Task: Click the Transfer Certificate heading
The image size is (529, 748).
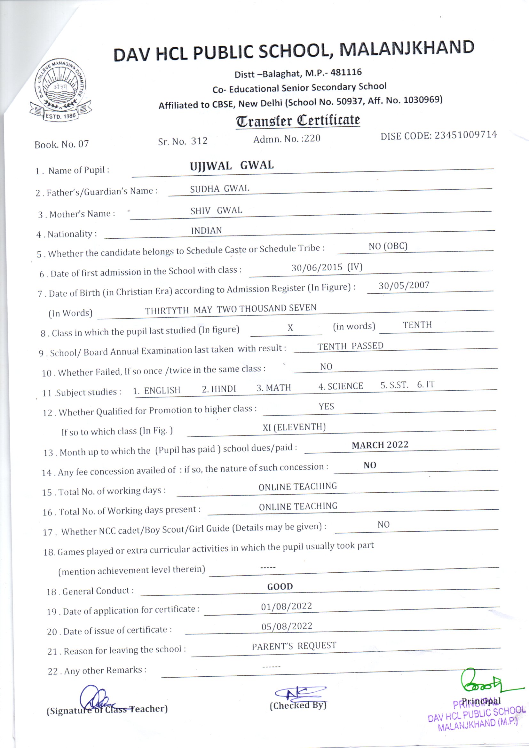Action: click(298, 121)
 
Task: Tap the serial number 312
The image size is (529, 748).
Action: click(199, 141)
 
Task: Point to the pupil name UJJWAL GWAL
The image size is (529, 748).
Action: click(232, 165)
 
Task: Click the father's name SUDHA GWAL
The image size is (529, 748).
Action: click(219, 189)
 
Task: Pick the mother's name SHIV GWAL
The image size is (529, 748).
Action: click(216, 211)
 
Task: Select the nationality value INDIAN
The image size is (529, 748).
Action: click(206, 231)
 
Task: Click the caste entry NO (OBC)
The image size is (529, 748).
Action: click(388, 246)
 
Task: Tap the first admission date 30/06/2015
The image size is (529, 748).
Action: click(317, 268)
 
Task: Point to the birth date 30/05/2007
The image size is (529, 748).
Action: click(404, 285)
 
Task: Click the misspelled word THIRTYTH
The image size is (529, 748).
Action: click(167, 310)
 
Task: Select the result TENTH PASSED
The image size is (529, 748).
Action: click(350, 346)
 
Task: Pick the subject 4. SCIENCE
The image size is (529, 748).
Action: click(340, 386)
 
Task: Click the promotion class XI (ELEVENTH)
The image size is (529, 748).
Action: click(294, 427)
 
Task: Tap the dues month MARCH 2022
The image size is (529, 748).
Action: click(380, 445)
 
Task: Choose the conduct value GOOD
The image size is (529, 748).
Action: click(280, 586)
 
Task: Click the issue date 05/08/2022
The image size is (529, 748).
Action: click(287, 626)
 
